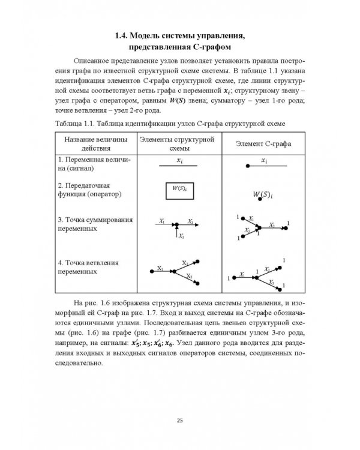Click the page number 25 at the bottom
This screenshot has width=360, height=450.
[179, 419]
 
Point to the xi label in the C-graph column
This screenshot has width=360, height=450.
[265, 161]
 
